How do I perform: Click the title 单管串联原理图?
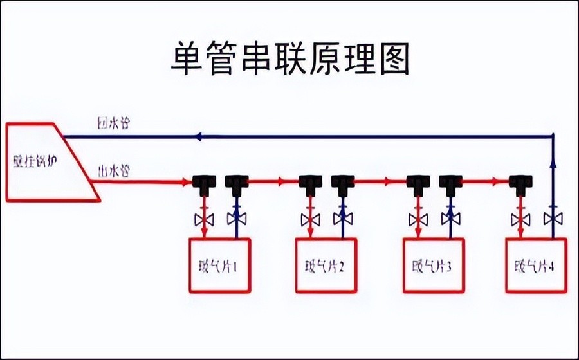[x=289, y=59]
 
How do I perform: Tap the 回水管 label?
[x=113, y=123]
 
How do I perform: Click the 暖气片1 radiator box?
[x=219, y=265]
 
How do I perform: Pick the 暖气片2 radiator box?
[x=326, y=265]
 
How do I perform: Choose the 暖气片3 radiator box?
[x=433, y=265]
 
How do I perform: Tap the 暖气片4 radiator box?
[x=536, y=265]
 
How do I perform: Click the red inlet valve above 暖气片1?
[x=203, y=219]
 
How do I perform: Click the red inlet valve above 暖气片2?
[x=311, y=219]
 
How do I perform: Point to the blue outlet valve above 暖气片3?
[x=450, y=219]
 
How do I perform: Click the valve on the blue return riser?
[x=552, y=219]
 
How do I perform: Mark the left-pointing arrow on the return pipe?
[x=199, y=136]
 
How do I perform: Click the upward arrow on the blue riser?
[x=553, y=165]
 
